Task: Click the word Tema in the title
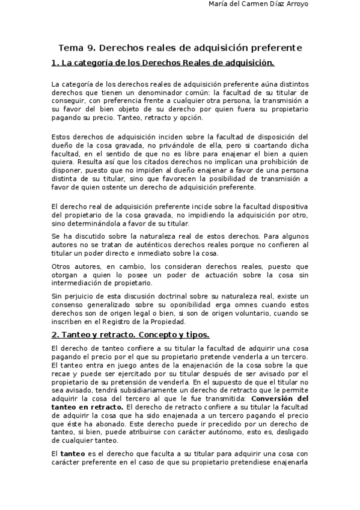click(x=70, y=48)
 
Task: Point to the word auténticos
click(x=155, y=245)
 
